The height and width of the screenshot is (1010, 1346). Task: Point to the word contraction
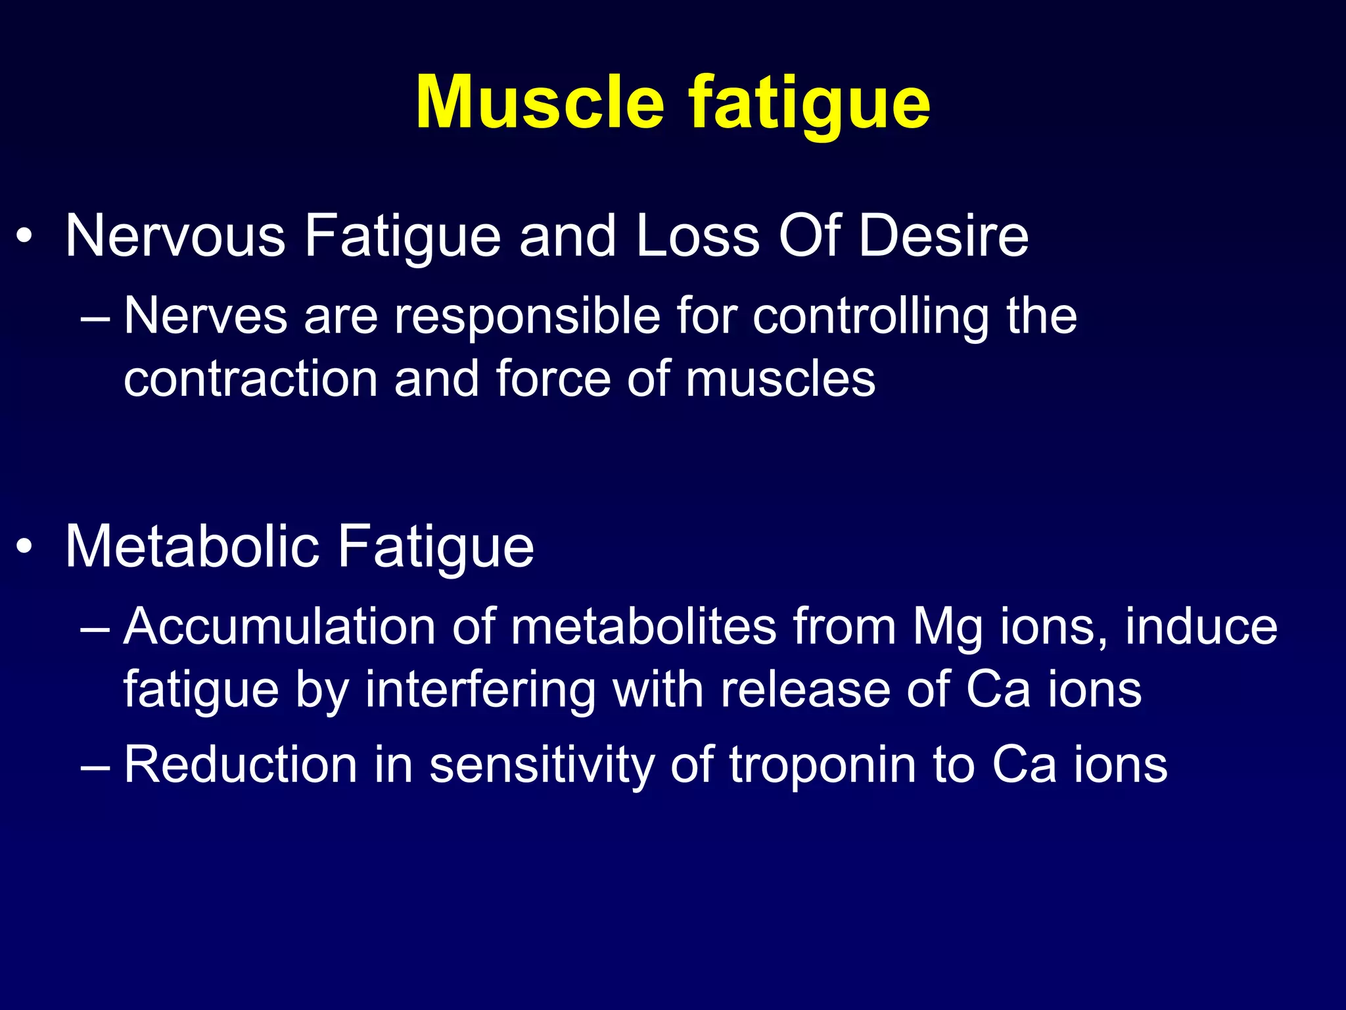pyautogui.click(x=250, y=379)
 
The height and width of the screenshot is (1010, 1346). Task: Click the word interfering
pyautogui.click(x=480, y=690)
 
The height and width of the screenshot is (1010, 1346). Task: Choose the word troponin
pyautogui.click(x=822, y=765)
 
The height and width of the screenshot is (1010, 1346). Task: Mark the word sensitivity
pyautogui.click(x=542, y=765)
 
